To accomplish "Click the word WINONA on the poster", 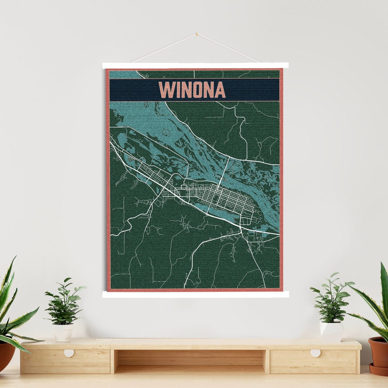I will coord(192,90).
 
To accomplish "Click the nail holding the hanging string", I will coord(196,34).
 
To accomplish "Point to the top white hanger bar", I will coord(195,65).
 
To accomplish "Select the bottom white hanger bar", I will coord(195,294).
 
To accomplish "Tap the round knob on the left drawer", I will coord(69,353).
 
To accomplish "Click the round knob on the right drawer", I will coord(315,353).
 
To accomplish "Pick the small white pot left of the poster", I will coord(63,332).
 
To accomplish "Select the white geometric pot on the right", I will coord(331,331).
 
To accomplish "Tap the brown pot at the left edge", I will coord(6,356).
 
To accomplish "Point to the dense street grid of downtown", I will coord(231,198).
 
